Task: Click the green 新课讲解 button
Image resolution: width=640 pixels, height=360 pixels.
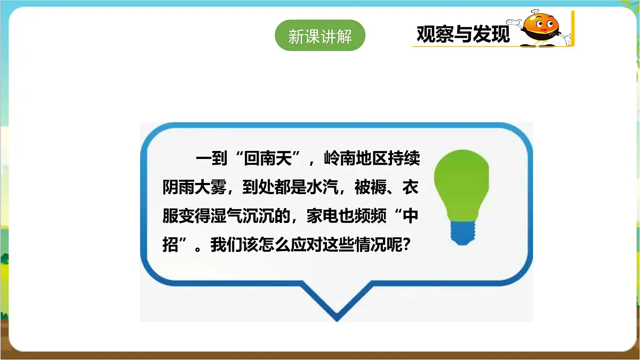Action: [320, 36]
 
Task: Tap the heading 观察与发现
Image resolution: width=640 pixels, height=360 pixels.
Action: [463, 34]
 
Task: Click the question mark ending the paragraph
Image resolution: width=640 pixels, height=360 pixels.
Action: [409, 245]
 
